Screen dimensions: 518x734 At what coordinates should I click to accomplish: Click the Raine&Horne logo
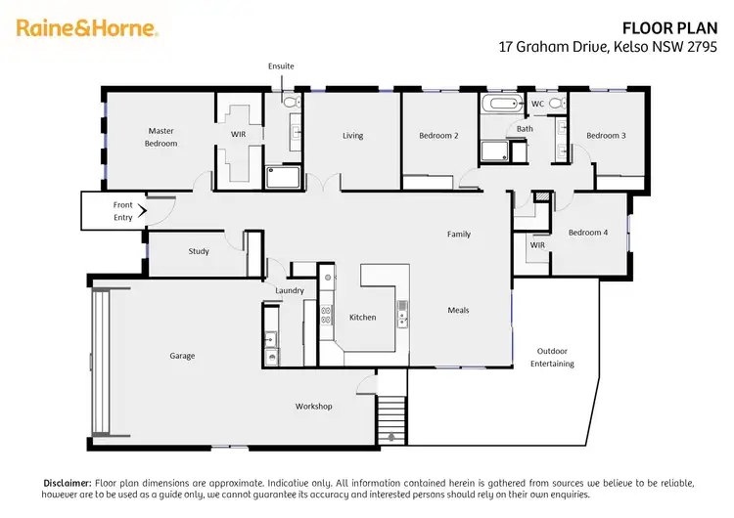click(87, 28)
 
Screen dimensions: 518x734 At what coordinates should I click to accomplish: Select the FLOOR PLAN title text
click(669, 28)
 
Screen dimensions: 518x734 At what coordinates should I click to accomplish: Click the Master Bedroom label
click(161, 137)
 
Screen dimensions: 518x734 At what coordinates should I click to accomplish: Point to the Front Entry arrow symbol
click(142, 209)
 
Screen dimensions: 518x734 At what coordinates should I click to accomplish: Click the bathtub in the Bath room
click(500, 104)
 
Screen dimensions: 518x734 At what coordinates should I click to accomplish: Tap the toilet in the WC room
click(555, 103)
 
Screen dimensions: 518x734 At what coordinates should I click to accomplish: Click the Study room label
click(199, 251)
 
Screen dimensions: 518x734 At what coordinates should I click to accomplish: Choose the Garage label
click(182, 356)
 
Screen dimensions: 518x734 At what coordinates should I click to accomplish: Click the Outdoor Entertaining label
click(552, 357)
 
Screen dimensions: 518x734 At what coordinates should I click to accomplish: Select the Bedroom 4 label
click(588, 232)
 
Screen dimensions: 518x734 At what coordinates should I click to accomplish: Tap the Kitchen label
click(362, 317)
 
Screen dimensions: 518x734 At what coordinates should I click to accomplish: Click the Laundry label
click(290, 290)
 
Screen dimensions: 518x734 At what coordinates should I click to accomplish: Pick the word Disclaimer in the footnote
click(67, 483)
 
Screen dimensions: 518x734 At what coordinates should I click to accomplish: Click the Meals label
click(458, 310)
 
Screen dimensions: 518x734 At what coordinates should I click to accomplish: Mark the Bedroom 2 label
click(438, 136)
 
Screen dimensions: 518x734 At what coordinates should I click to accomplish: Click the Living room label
click(352, 136)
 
